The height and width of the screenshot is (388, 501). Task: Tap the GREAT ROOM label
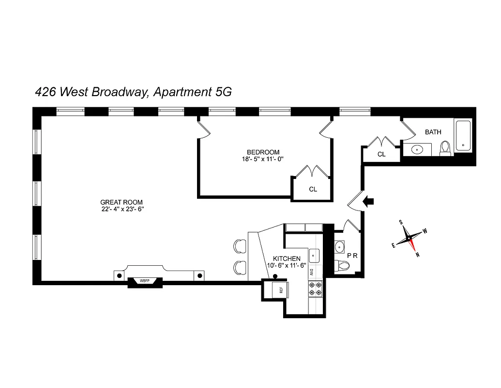coord(121,202)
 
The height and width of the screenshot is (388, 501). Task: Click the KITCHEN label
coord(287,259)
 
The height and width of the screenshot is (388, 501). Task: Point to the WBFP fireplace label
coord(144,281)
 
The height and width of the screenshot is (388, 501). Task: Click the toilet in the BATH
coord(445,147)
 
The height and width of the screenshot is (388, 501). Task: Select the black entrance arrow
coord(369,201)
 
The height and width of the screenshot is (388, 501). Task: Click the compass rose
coord(410,238)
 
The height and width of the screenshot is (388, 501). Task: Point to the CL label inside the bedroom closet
coord(313,189)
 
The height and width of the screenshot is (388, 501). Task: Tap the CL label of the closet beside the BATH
coord(381,154)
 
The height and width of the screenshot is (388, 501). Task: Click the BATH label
coord(433,132)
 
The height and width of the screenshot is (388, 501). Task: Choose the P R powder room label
coord(352,255)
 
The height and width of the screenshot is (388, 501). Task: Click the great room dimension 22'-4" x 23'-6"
coord(121,210)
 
